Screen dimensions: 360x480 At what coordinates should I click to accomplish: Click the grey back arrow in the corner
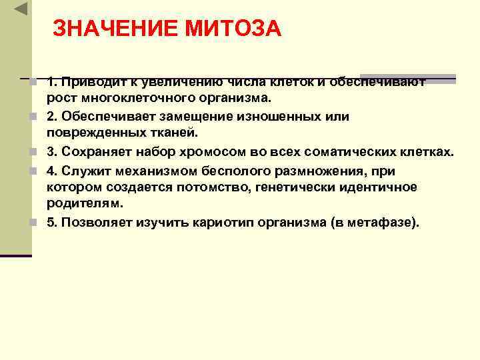[21, 9]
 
